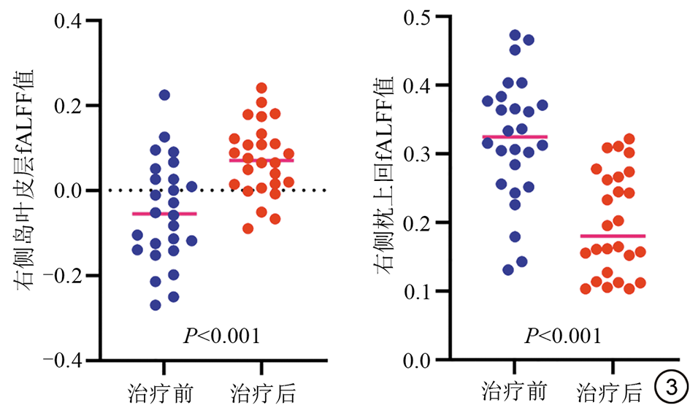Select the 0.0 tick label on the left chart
pos(69,190)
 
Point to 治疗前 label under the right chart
pos(511,388)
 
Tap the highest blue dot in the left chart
pos(164,95)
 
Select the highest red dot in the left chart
pos(261,88)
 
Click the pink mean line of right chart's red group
pos(613,236)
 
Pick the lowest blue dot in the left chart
pos(156,305)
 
